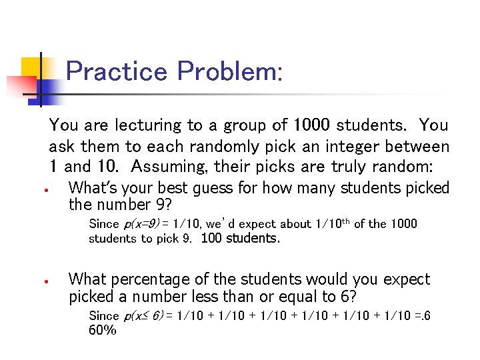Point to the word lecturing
[147, 125]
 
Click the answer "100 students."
[240, 239]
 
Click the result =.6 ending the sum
[419, 315]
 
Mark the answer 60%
[103, 330]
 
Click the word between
[417, 145]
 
